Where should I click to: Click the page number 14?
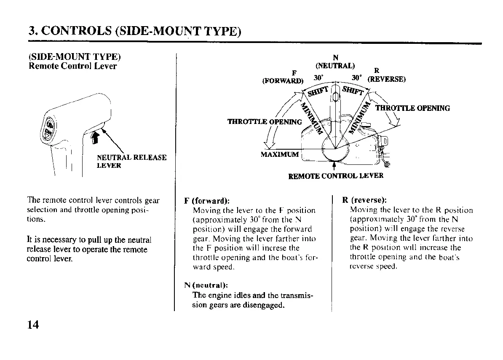coord(33,325)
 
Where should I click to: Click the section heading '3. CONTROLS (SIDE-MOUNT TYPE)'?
coord(135,31)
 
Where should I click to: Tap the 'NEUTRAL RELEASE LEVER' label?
coord(131,161)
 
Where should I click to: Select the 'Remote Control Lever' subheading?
coord(72,66)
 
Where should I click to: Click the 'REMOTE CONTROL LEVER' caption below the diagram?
coord(336,175)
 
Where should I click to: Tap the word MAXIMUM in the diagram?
coord(280,154)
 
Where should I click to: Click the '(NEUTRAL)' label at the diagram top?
coord(335,65)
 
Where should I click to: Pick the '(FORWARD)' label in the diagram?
coord(282,81)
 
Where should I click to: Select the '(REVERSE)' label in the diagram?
coord(386,79)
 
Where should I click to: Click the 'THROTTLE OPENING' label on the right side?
coord(412,108)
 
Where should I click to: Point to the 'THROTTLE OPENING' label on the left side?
coord(265,122)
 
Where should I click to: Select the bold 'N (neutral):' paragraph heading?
coord(206,285)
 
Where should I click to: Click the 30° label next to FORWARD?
coord(318,78)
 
